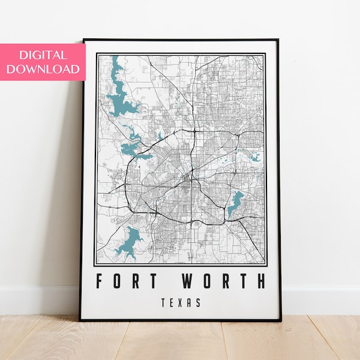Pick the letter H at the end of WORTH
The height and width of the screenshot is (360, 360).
click(x=260, y=281)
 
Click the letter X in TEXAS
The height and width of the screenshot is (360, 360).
click(x=180, y=302)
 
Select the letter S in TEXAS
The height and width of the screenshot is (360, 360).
click(x=199, y=302)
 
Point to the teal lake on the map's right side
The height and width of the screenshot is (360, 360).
click(x=235, y=203)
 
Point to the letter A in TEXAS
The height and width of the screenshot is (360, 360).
click(x=190, y=302)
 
